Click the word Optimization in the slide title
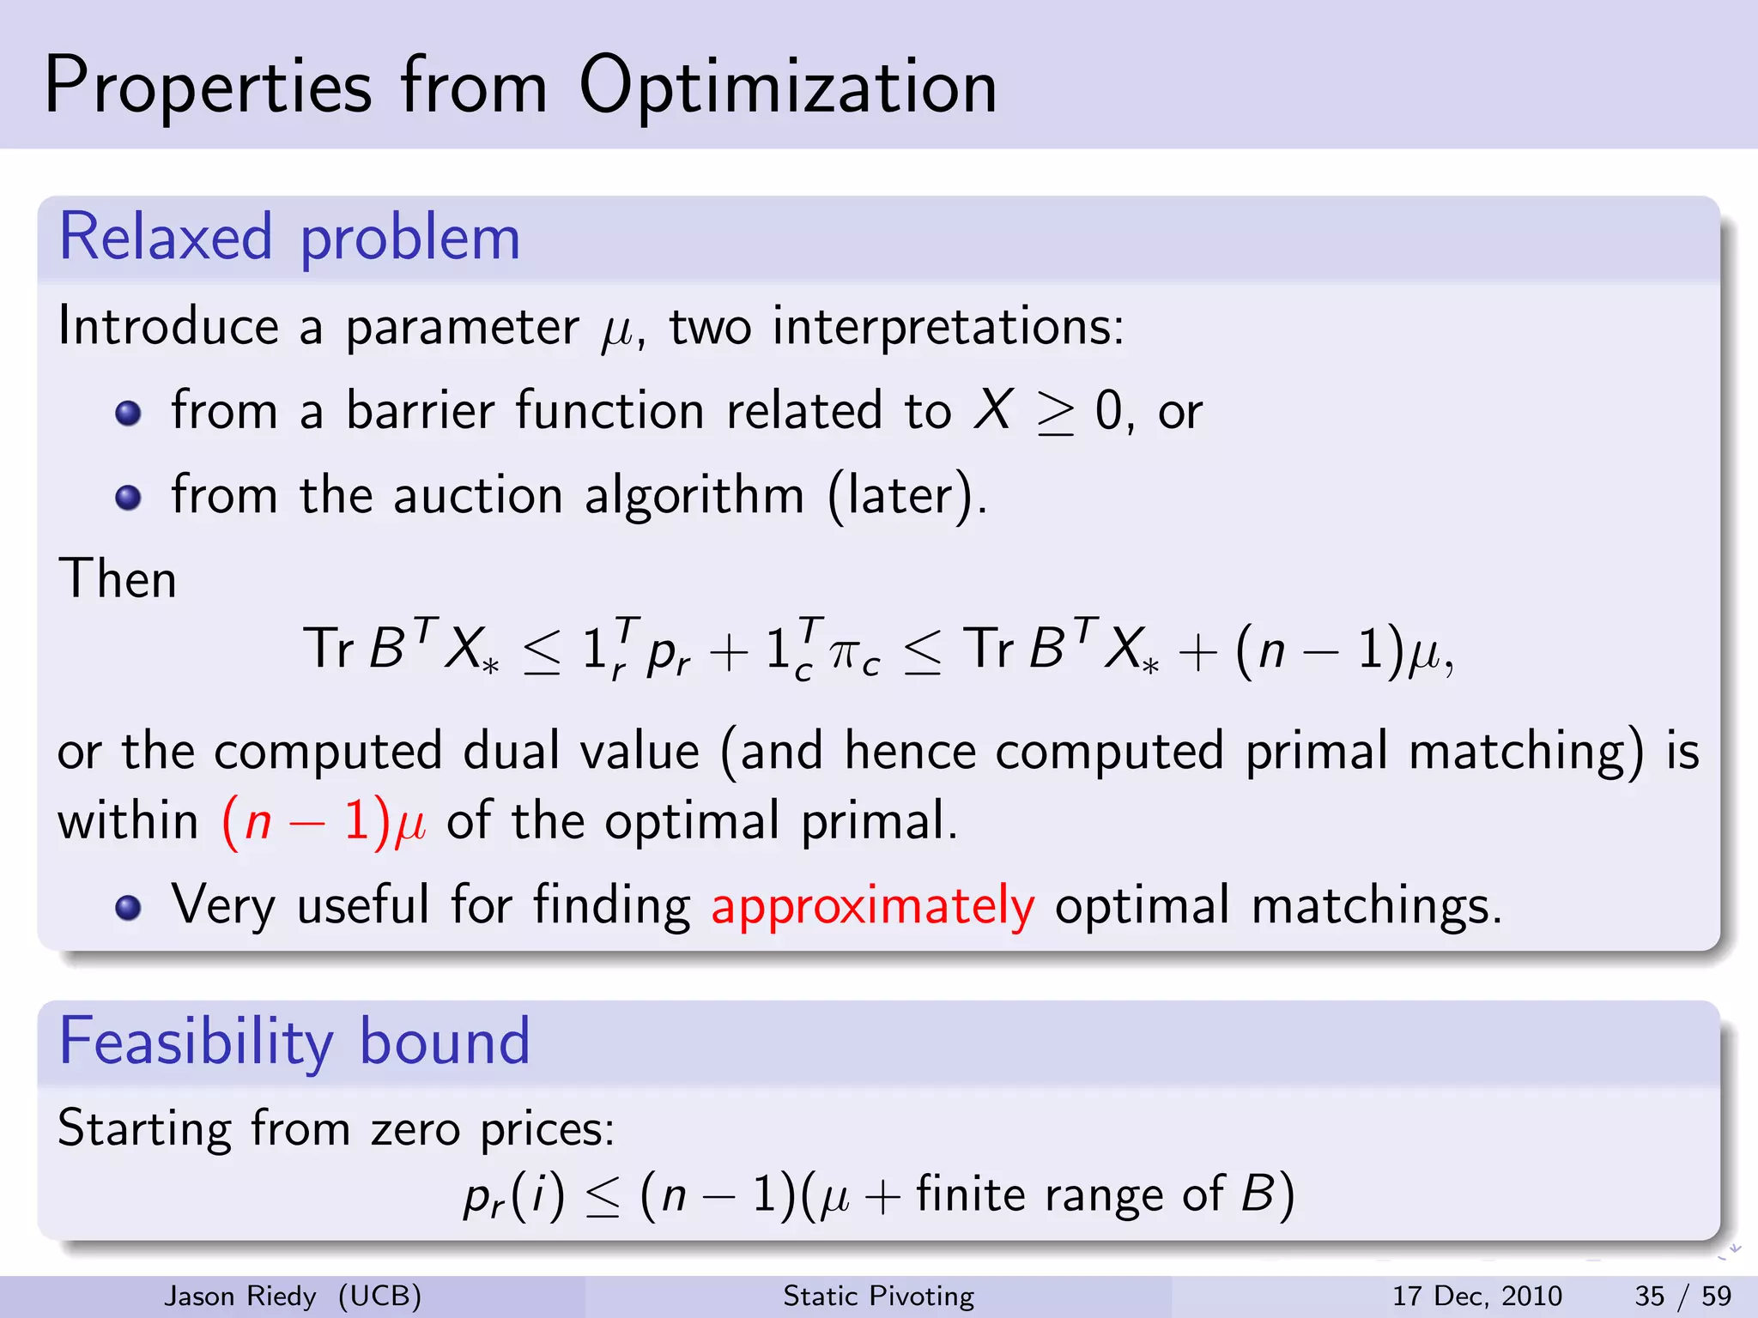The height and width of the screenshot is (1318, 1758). coord(787,88)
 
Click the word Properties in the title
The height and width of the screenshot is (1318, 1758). coord(208,88)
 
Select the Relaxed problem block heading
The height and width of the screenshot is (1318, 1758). coord(289,238)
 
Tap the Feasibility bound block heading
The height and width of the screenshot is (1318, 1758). coord(294,1042)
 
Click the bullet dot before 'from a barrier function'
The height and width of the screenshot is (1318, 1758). coord(128,413)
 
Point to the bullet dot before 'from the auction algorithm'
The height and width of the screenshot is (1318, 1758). coord(128,497)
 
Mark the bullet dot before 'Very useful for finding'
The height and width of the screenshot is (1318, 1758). coord(128,907)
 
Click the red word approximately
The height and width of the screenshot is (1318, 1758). coord(872,906)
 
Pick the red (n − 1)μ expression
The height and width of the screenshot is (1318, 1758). coord(324,821)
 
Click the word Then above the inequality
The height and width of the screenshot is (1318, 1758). coord(118,579)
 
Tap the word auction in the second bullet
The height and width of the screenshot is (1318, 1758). coord(477,496)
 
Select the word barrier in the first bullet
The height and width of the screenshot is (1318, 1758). coord(420,411)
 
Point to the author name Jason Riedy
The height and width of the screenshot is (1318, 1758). coord(239,1296)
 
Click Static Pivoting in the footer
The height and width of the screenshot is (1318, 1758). coord(878,1296)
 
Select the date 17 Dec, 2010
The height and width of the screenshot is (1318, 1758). coord(1476,1296)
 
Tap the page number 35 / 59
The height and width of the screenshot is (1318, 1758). coord(1682,1296)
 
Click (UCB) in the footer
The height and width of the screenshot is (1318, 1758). coord(379,1296)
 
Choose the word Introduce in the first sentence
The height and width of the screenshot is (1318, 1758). coord(168,327)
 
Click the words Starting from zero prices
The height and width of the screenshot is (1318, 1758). coord(336,1129)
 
